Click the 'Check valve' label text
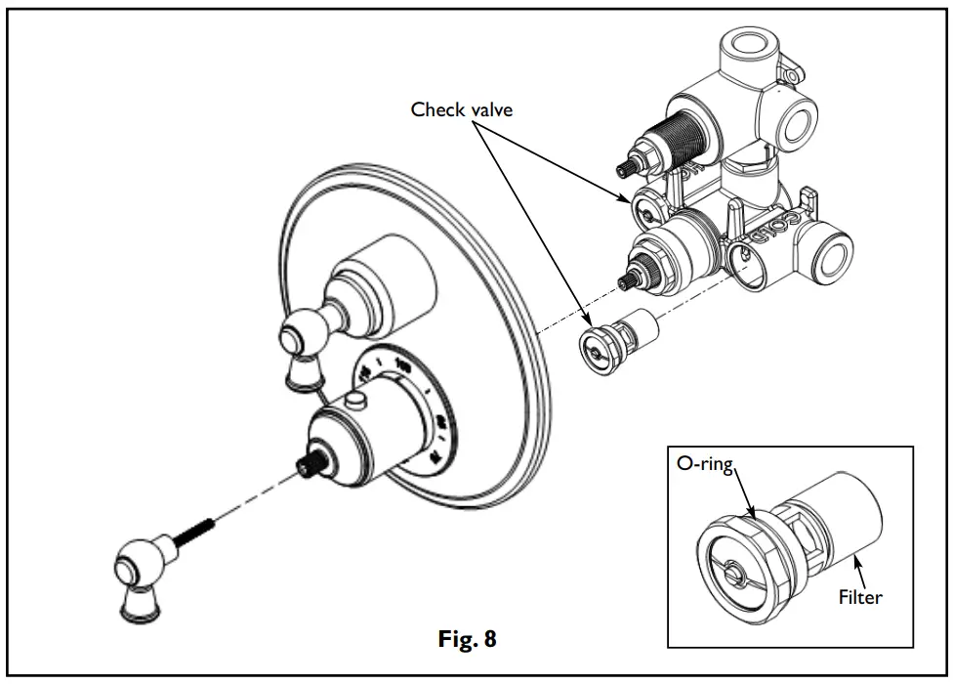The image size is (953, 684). point(461,109)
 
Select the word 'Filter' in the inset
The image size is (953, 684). point(859,595)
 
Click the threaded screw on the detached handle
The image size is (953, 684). point(196,540)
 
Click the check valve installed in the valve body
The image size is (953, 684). point(644,208)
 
